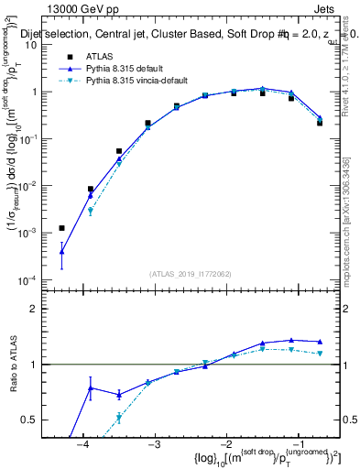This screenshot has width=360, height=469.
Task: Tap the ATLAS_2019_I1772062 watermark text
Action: point(190,274)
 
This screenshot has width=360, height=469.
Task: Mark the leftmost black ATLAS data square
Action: point(61,228)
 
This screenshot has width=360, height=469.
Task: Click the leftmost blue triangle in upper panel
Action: point(61,251)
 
